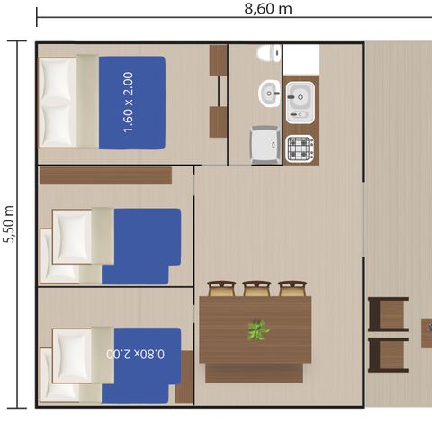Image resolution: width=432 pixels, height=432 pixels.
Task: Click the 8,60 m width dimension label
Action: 268,9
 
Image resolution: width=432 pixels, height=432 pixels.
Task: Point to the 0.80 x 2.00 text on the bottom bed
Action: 136,354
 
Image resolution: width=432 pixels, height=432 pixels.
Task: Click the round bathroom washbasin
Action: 269,91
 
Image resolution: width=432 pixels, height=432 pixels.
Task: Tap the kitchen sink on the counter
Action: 300,102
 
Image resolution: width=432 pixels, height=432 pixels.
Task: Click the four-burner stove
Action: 300,148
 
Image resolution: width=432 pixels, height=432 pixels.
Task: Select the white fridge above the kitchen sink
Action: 301,59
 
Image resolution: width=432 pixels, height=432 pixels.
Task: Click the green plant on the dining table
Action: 258,330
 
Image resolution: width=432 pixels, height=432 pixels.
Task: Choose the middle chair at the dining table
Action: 256,289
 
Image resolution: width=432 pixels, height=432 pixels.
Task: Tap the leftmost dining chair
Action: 221,289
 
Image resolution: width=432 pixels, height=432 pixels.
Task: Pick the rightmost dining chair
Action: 292,289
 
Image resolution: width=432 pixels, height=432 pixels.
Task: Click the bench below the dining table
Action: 254,373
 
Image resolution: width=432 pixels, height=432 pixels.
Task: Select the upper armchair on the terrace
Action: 388,314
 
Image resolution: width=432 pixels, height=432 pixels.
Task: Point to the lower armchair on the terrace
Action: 388,354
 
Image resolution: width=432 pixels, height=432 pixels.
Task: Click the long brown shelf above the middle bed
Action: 105,175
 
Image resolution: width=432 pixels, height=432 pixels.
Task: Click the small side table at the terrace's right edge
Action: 426,332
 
